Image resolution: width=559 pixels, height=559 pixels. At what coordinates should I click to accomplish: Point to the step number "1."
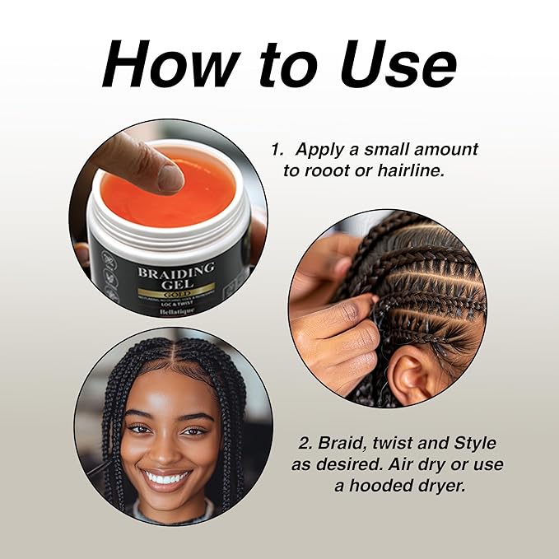coord(279,151)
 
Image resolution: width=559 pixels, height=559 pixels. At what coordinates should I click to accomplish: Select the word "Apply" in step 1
coord(319,151)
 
